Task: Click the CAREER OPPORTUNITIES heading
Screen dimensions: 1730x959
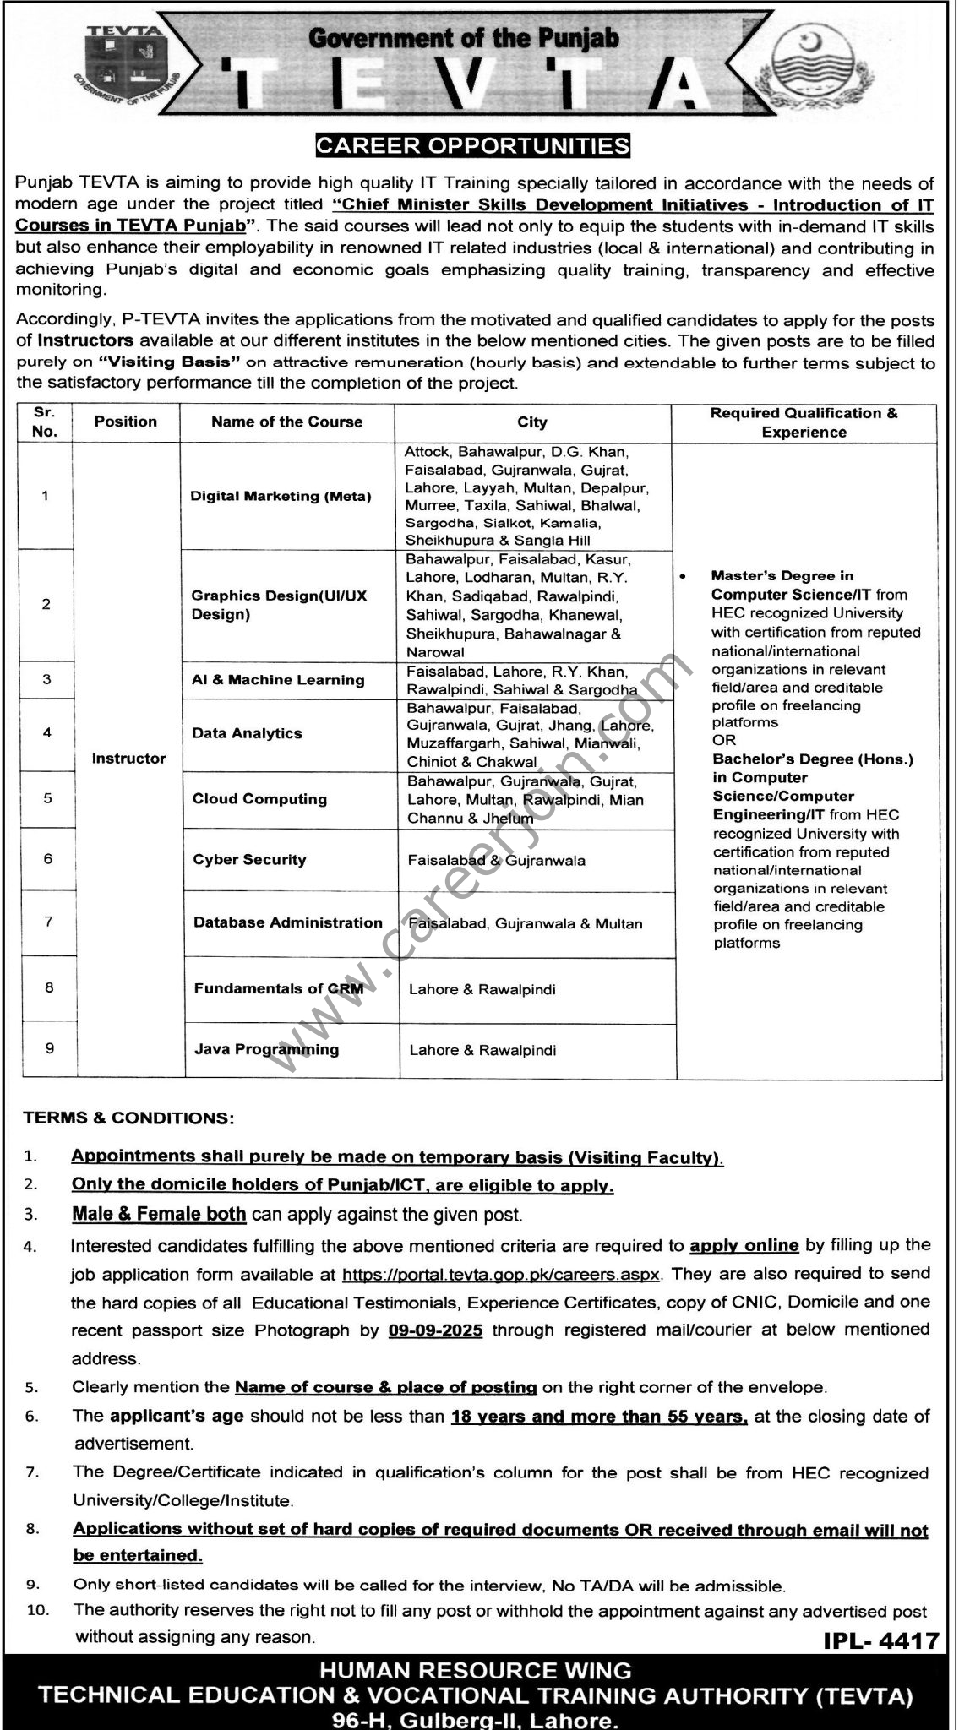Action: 472,145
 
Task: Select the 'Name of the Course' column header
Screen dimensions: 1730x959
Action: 286,422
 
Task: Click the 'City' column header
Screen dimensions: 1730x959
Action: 532,422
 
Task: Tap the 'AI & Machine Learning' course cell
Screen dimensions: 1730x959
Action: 278,680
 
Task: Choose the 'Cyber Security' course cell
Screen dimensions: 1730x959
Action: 249,860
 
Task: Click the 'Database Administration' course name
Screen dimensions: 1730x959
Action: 288,923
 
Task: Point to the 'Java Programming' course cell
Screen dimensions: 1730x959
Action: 266,1049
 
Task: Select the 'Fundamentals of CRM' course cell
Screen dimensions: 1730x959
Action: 279,988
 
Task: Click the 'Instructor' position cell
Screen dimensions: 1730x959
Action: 128,759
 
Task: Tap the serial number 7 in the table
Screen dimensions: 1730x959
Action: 49,922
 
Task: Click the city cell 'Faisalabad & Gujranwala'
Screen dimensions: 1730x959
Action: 497,861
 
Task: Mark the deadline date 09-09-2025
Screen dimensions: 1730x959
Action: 436,1330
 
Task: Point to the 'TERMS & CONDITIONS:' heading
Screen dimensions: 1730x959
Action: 128,1118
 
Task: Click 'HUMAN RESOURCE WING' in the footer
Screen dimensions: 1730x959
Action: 479,1670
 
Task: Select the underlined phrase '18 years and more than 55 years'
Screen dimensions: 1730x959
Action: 599,1416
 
